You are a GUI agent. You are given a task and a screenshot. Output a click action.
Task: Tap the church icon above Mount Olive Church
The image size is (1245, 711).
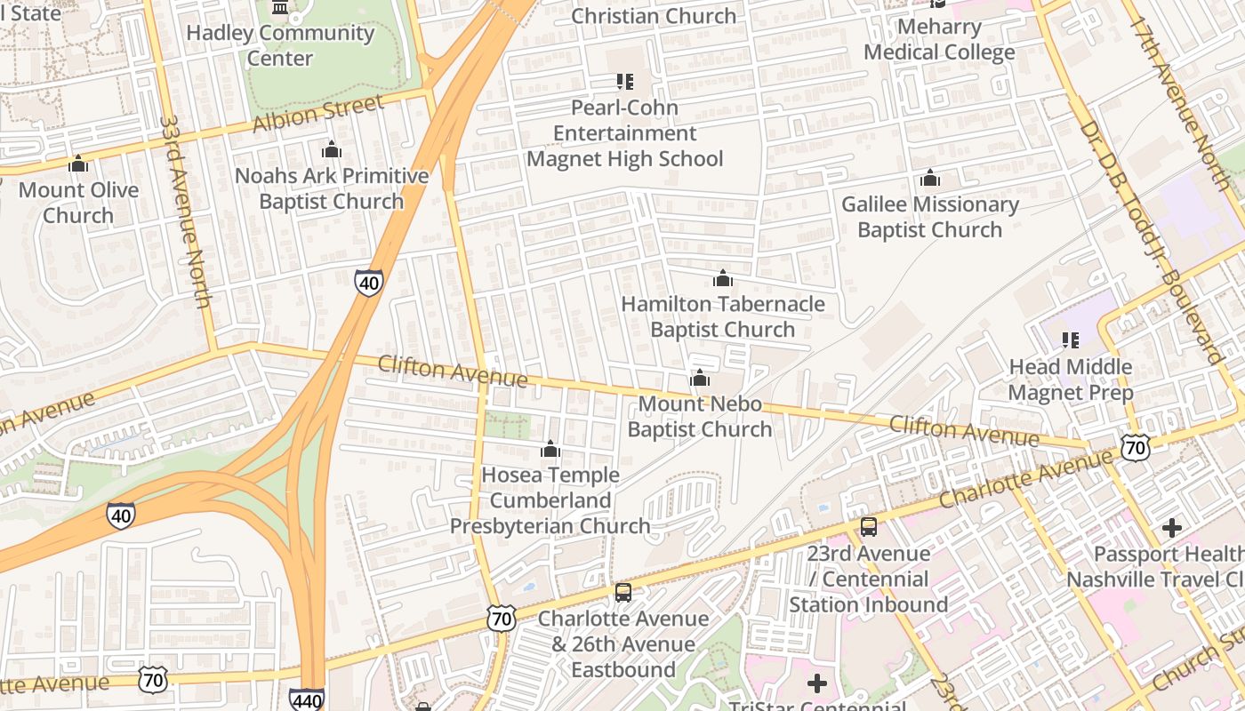[x=78, y=164]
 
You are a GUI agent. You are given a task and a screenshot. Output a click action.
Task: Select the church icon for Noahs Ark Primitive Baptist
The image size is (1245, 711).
[x=332, y=150]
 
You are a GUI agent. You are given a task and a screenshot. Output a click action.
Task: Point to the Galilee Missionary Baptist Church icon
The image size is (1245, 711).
[x=930, y=179]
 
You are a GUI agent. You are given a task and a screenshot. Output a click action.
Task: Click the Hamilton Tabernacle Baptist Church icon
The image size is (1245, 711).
[x=723, y=278]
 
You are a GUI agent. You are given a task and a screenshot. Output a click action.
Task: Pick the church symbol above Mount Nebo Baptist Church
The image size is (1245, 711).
[x=700, y=379]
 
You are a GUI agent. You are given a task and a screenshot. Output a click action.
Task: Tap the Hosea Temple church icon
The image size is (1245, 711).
[x=550, y=449]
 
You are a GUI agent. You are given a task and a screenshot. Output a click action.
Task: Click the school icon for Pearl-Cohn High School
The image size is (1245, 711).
[x=625, y=82]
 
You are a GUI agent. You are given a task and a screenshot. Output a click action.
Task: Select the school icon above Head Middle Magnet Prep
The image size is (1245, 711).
[x=1071, y=340]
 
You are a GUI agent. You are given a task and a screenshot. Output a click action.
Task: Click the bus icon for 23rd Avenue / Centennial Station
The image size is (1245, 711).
[x=869, y=527]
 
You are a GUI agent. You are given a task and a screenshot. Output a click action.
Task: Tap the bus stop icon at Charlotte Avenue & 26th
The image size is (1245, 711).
[x=623, y=593]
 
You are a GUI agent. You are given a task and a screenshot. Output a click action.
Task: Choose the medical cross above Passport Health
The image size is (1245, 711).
[x=1172, y=528]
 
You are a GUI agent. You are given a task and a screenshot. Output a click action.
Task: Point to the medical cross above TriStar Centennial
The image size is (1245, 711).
[x=816, y=683]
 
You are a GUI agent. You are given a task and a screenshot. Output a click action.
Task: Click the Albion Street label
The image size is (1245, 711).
[x=317, y=113]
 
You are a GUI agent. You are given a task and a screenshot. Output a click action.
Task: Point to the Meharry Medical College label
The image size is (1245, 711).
[x=939, y=39]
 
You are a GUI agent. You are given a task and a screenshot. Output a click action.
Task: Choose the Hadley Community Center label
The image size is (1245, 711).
[x=280, y=45]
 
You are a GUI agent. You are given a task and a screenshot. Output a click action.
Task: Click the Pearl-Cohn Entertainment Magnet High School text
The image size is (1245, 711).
[x=625, y=133]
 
